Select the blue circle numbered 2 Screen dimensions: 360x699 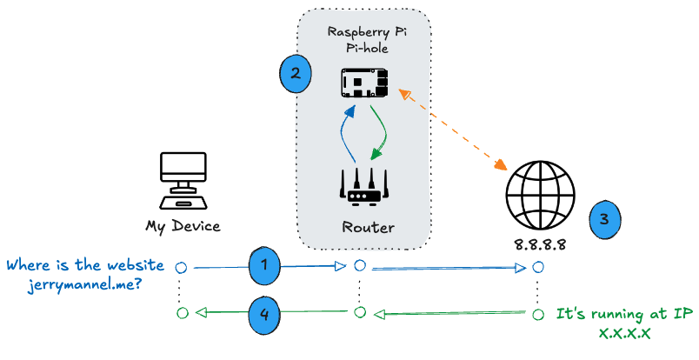(x=296, y=73)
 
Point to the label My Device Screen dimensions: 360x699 (x=183, y=227)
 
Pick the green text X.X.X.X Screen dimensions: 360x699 (x=625, y=332)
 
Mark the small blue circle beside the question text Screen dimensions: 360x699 (x=182, y=267)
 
